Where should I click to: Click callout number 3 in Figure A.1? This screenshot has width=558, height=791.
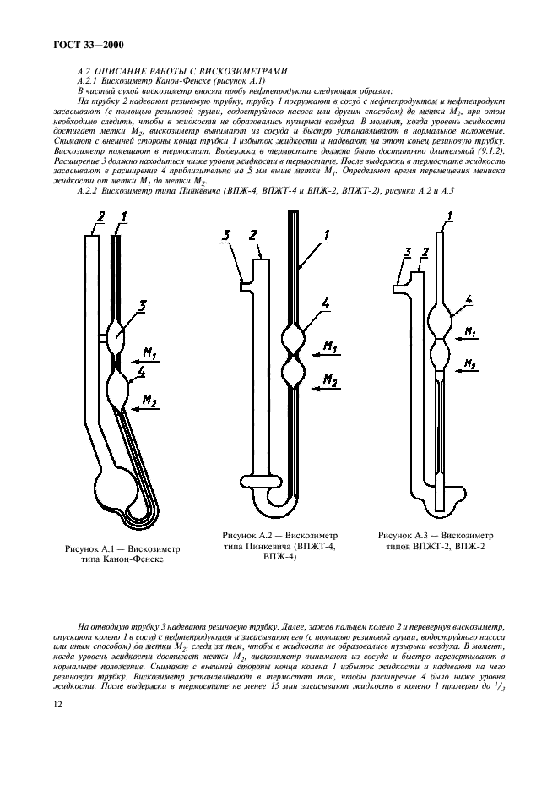click(x=143, y=306)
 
